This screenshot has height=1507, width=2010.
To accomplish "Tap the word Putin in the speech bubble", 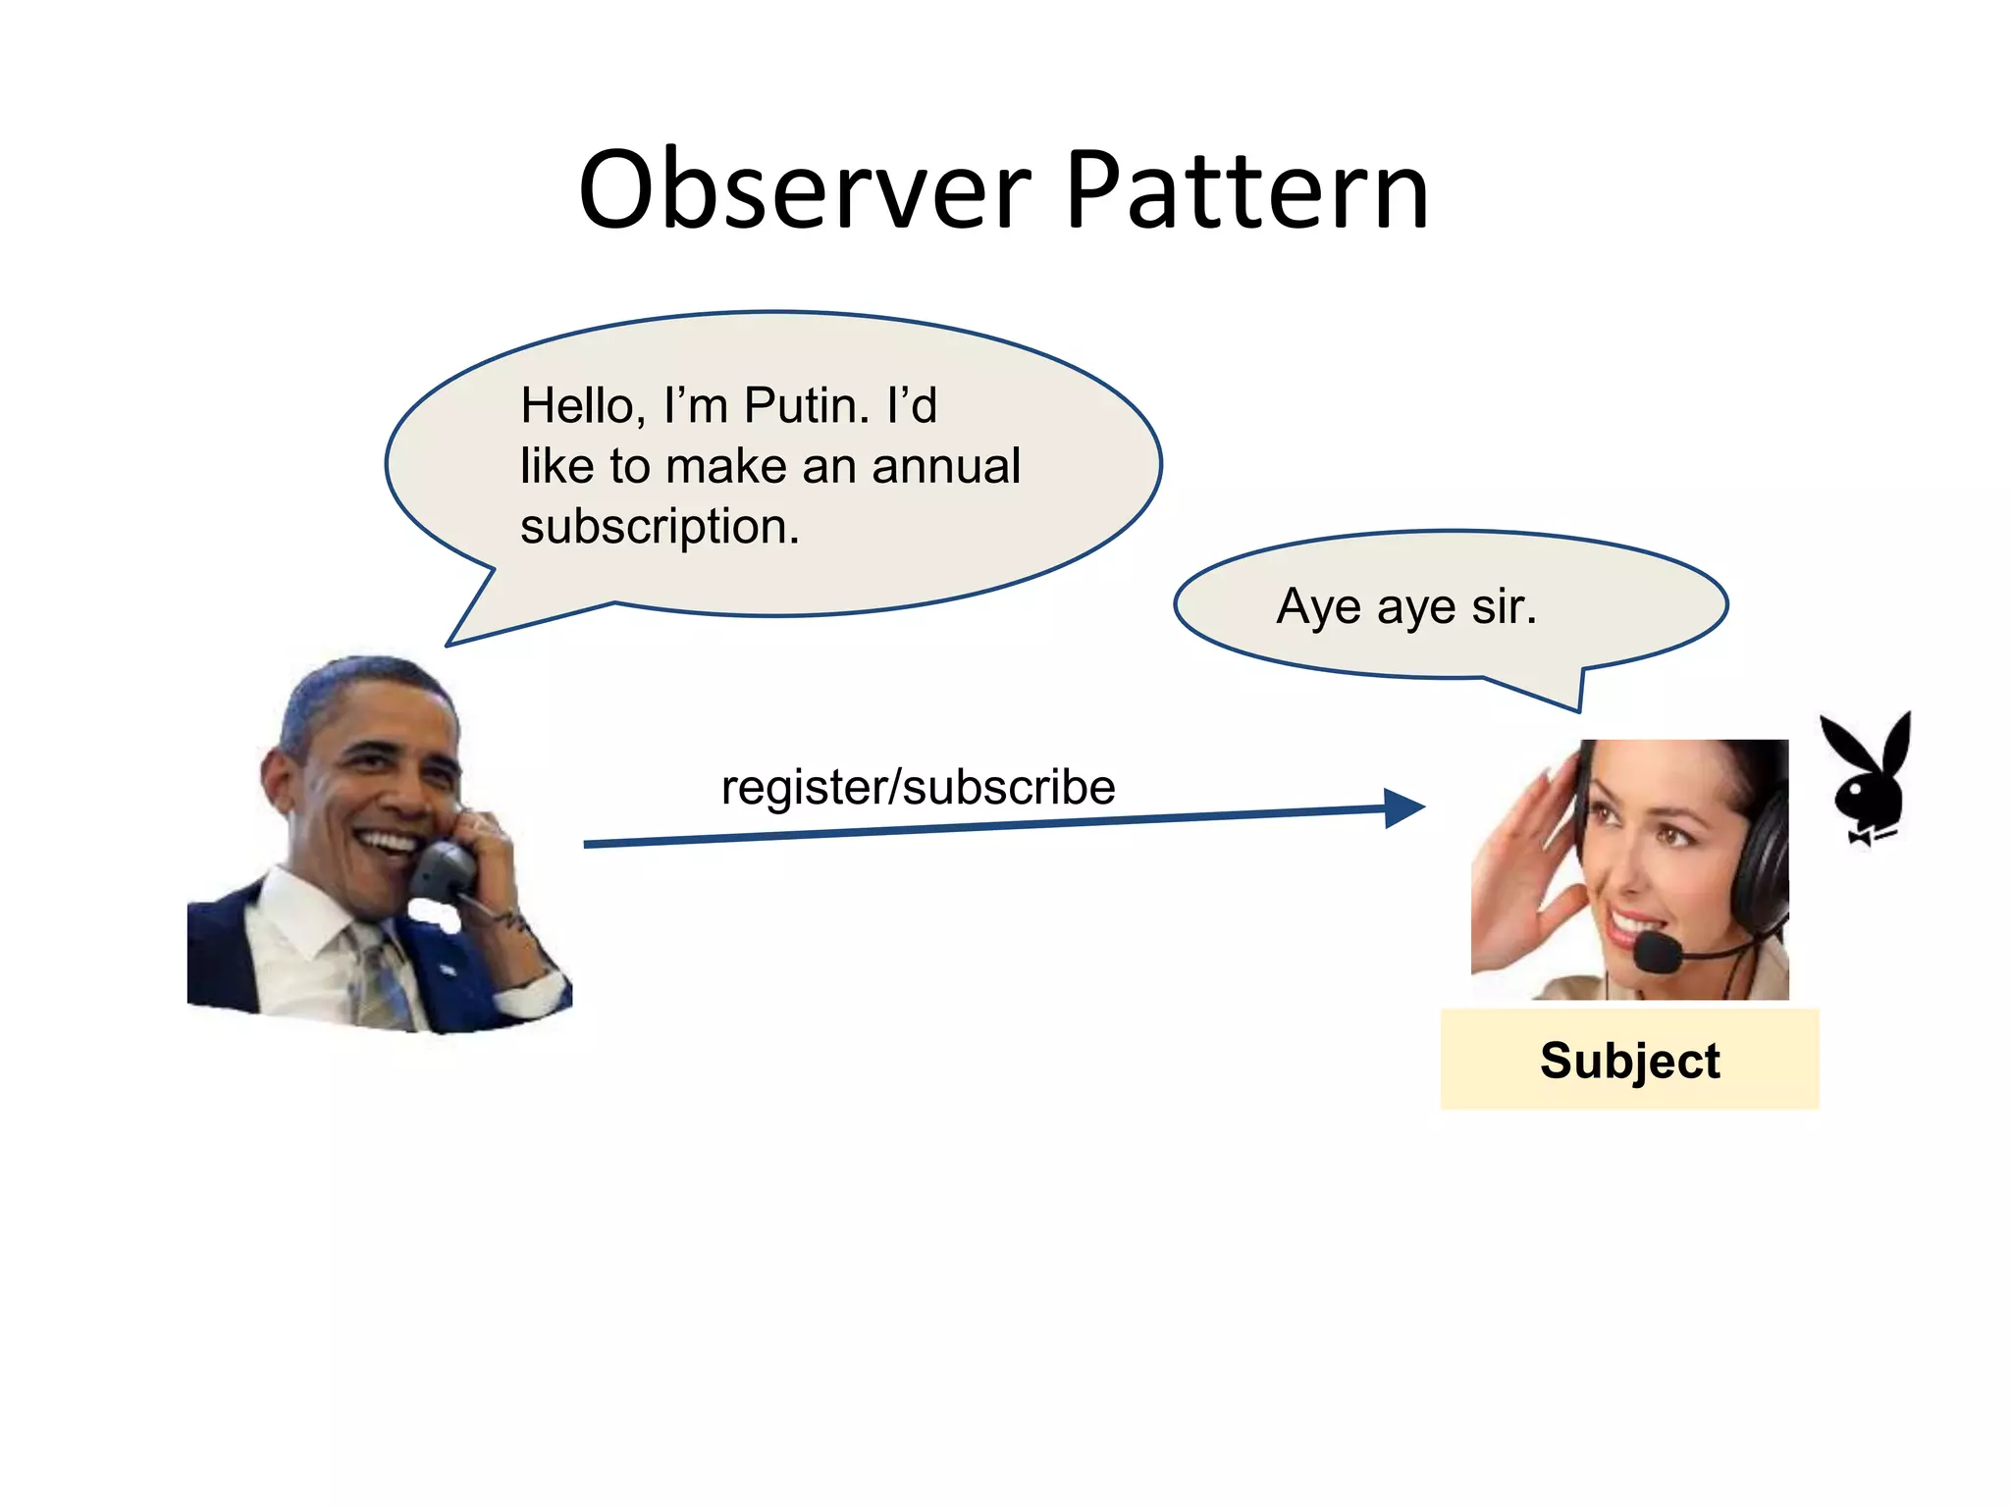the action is click(806, 405).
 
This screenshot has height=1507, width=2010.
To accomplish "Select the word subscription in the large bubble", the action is click(660, 527).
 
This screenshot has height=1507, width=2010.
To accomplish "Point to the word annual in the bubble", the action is click(946, 466).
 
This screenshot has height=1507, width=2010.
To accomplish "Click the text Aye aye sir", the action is click(1405, 606).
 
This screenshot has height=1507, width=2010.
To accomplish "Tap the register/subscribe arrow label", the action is click(918, 787).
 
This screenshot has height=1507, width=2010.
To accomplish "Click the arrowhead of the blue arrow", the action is click(1403, 808).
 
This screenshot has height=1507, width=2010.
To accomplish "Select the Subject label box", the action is click(1629, 1060).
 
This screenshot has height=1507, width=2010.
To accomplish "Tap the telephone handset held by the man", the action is click(442, 868).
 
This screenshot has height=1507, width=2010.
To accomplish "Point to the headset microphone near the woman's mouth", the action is click(1658, 951).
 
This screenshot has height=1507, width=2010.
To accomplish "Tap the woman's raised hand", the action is click(1521, 863).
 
